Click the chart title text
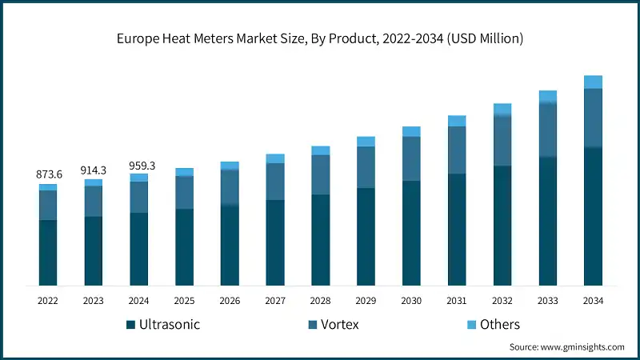(x=320, y=38)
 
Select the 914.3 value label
(x=94, y=170)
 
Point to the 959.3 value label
(x=139, y=166)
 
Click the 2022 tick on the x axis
(x=48, y=301)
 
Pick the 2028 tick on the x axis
(x=320, y=301)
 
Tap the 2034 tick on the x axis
(x=593, y=301)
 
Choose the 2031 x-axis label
(x=457, y=301)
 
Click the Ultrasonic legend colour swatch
(x=130, y=325)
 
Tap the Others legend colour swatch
(x=469, y=325)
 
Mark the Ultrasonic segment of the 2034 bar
(x=593, y=216)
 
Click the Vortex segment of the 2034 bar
(x=593, y=118)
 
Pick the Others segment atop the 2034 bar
(x=593, y=82)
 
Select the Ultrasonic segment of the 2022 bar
(x=48, y=252)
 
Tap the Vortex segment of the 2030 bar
(x=411, y=158)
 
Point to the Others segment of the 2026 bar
(x=230, y=166)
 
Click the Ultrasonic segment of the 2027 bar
(x=275, y=242)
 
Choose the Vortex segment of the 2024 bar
(x=139, y=197)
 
